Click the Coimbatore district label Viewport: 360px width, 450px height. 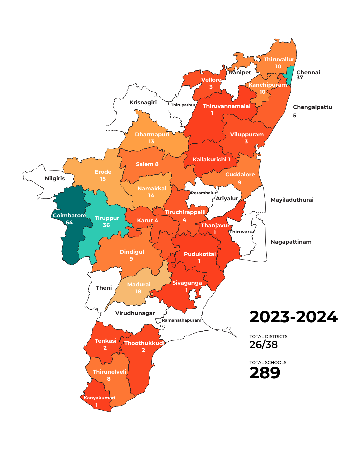point(69,215)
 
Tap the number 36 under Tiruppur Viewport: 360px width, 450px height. point(106,225)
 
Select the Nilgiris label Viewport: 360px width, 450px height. point(55,179)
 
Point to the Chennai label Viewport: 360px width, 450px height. point(308,72)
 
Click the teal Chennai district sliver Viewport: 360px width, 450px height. point(290,75)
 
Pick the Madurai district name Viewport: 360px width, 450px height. point(139,284)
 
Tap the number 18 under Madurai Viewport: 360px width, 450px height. point(138,292)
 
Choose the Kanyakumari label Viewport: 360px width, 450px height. point(99,398)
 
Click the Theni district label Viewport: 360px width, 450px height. point(104,288)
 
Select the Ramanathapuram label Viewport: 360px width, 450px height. point(182,320)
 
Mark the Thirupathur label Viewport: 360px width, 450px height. point(183,105)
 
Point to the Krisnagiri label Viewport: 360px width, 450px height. point(143,102)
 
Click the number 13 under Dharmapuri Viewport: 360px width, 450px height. point(151,142)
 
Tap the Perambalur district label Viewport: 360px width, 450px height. point(204,193)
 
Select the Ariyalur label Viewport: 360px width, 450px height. point(227,198)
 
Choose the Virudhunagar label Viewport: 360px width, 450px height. point(135,313)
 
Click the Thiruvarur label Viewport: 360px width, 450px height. point(242,232)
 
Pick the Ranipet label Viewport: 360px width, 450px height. point(240,72)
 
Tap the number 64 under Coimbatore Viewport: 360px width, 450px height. point(69,223)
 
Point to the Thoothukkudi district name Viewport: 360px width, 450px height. point(144,343)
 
